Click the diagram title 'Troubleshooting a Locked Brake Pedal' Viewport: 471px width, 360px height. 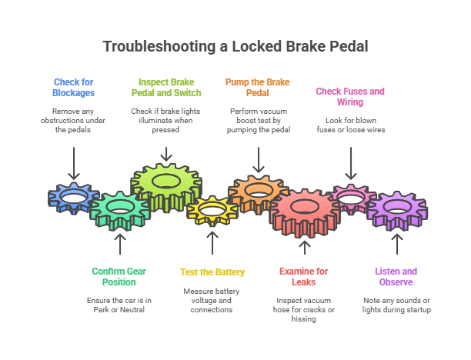tap(235, 46)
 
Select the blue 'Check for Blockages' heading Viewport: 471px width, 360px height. tap(74, 87)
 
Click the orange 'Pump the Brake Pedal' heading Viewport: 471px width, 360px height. tap(259, 87)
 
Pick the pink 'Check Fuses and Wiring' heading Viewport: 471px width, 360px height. tap(350, 96)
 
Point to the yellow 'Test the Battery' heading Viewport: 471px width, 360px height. tap(212, 272)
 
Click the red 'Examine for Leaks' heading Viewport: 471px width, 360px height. tap(303, 276)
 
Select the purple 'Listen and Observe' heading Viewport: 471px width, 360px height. tap(396, 276)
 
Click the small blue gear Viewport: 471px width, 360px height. tap(72, 198)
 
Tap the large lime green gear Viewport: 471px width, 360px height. tap(165, 183)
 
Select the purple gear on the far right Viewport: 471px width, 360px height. tap(396, 208)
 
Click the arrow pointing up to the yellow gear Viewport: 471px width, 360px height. tap(212, 243)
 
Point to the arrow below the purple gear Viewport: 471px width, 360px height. tap(396, 244)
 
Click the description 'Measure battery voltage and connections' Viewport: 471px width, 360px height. tap(212, 300)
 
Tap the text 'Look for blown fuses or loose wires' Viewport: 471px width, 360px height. tap(350, 125)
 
